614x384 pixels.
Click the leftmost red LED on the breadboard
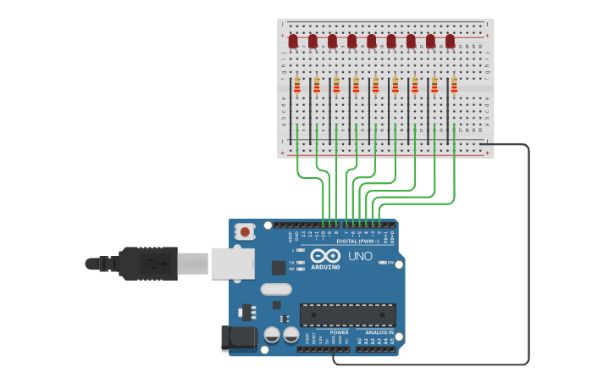tap(293, 41)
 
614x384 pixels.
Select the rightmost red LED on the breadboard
tap(450, 41)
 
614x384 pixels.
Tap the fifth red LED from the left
tap(371, 41)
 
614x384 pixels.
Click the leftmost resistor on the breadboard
tap(296, 85)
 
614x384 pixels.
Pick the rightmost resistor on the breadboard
tap(454, 85)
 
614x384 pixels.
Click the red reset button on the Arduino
tap(245, 231)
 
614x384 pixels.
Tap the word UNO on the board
tap(360, 256)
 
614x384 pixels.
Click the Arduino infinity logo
tap(325, 256)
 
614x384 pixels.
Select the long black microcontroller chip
tap(347, 314)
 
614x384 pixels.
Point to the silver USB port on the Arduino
tap(231, 263)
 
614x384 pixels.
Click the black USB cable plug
tap(148, 263)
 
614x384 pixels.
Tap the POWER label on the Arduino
tap(339, 332)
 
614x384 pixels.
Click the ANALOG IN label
tap(380, 332)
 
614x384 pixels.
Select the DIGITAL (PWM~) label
tap(357, 241)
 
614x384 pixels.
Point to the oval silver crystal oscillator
tap(276, 289)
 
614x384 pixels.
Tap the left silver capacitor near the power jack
tap(272, 335)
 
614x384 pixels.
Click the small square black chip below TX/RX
tap(279, 268)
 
